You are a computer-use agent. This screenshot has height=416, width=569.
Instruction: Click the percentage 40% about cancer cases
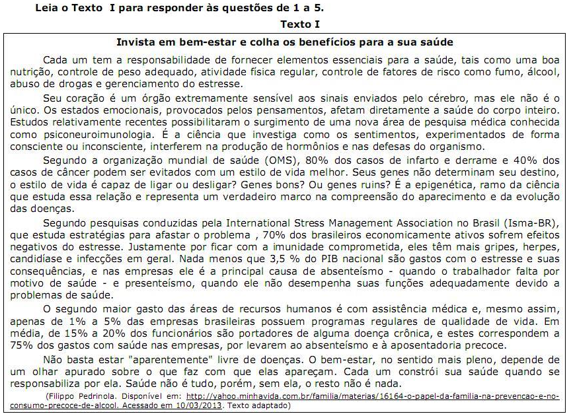[525, 160]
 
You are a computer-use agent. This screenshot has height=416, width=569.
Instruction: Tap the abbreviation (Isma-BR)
[532, 223]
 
